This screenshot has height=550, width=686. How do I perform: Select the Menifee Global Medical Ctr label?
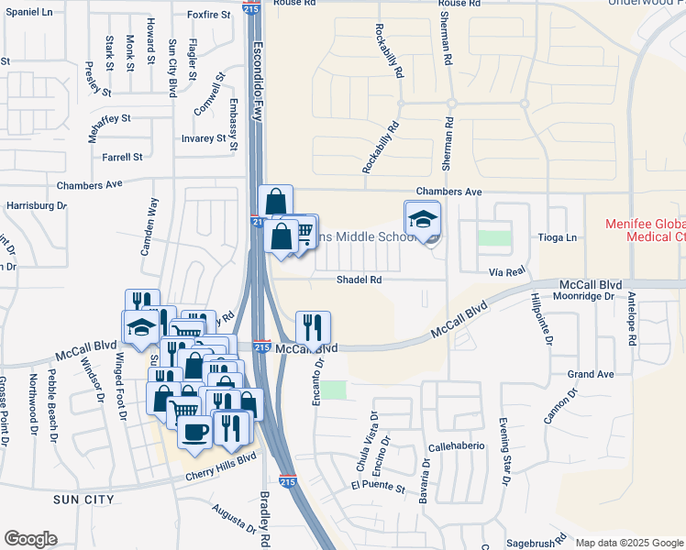[x=645, y=230]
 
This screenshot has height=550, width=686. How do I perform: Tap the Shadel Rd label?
[x=359, y=280]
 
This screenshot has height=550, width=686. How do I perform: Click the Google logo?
[x=30, y=539]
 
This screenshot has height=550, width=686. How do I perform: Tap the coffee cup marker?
[x=194, y=432]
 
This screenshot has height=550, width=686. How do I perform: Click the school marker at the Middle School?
[x=423, y=220]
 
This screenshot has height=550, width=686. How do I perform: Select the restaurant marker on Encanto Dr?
[x=313, y=327]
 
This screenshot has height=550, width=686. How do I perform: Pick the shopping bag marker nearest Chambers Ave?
[x=275, y=203]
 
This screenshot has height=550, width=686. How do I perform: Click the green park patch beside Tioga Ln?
[x=494, y=237]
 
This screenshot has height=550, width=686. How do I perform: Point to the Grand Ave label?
[x=590, y=375]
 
